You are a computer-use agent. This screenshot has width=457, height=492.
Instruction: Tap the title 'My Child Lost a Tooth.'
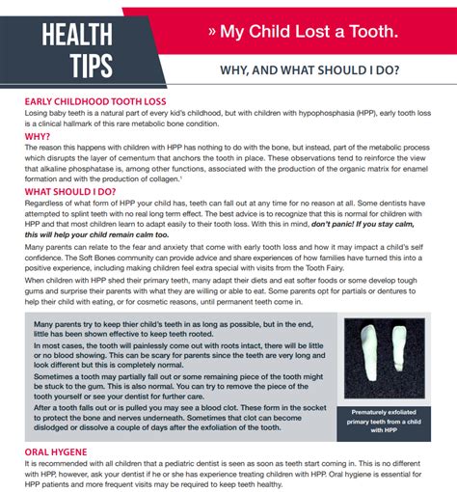tap(308, 32)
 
